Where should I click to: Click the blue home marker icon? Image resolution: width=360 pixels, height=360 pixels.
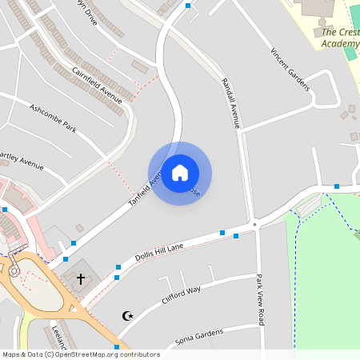[180, 173]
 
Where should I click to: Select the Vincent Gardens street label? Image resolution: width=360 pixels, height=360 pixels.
[290, 70]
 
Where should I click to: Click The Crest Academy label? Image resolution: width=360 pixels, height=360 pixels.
[340, 38]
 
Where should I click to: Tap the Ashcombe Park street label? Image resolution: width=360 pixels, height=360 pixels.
[53, 118]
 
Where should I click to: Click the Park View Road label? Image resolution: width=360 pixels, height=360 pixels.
[260, 300]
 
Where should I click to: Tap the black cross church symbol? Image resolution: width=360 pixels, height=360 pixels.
[80, 279]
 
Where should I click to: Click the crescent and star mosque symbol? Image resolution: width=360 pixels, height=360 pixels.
[126, 316]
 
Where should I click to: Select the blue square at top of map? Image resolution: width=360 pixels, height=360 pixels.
[188, 6]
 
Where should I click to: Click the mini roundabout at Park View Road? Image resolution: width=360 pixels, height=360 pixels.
[255, 225]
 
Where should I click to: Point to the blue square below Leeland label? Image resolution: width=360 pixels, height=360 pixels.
[117, 346]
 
